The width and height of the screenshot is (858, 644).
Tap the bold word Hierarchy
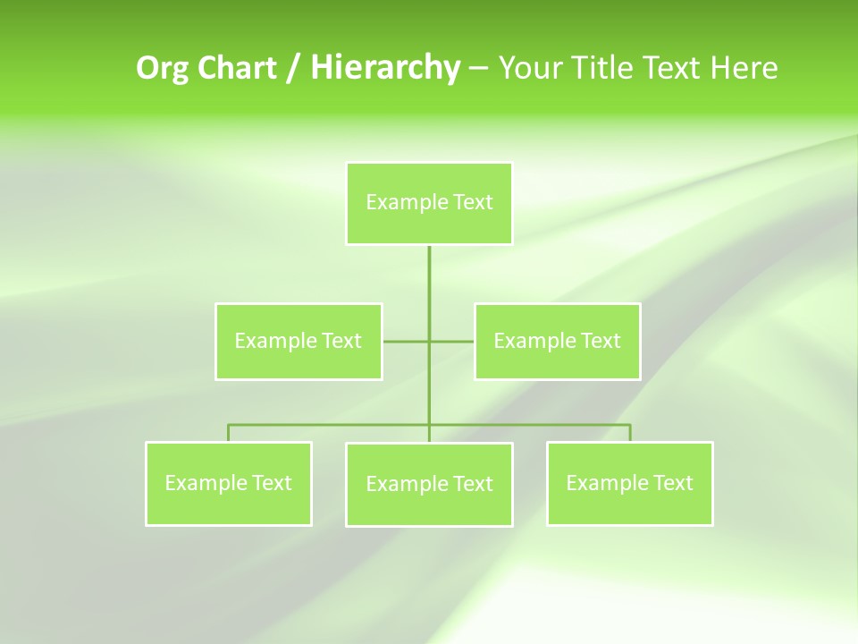(x=384, y=68)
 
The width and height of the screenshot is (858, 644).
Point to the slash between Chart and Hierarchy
(x=293, y=68)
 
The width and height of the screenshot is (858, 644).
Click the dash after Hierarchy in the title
(x=478, y=68)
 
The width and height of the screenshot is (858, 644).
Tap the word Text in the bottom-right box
(x=670, y=483)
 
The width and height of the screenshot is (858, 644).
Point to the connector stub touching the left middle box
(x=405, y=341)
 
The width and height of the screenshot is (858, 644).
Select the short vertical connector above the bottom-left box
(x=229, y=433)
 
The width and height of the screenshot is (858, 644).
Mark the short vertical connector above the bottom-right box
(x=630, y=433)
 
